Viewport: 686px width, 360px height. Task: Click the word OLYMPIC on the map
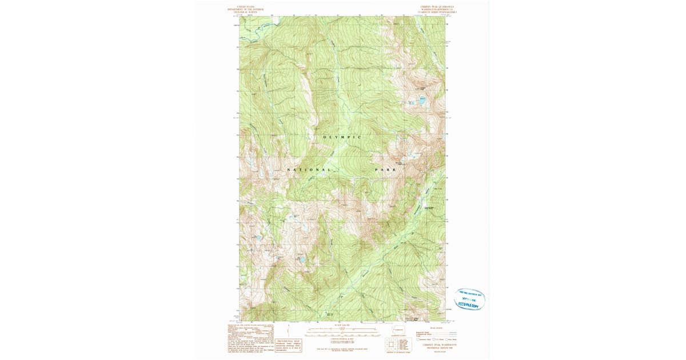(342, 137)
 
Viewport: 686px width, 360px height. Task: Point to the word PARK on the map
(385, 170)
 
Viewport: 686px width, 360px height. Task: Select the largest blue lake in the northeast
(422, 100)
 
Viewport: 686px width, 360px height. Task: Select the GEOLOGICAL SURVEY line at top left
(243, 13)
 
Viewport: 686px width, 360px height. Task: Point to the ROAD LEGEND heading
(436, 328)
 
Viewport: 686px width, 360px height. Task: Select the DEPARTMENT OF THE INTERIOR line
(243, 10)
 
